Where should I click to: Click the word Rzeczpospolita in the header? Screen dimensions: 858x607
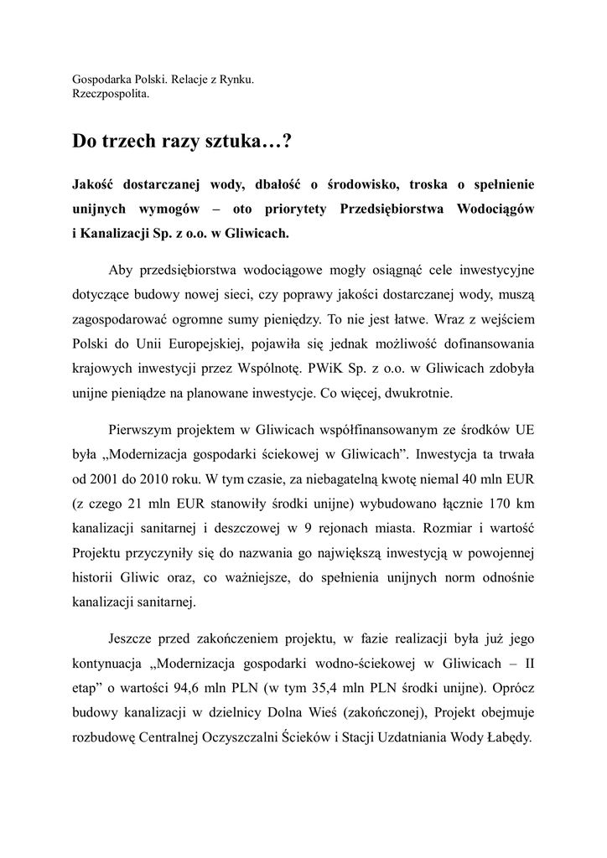pyautogui.click(x=111, y=95)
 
